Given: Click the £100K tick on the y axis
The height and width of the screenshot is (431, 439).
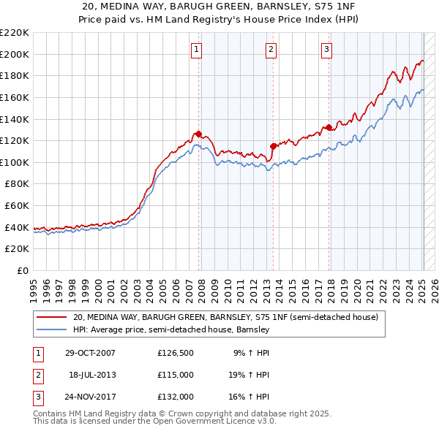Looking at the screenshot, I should (x=15, y=162).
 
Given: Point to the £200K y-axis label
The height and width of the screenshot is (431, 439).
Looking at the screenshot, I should (x=15, y=54).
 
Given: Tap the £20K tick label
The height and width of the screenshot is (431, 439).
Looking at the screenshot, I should (x=17, y=249).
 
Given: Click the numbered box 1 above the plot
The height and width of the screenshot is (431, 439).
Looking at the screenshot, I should (x=198, y=50).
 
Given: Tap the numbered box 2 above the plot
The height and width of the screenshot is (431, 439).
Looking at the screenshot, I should (x=271, y=50).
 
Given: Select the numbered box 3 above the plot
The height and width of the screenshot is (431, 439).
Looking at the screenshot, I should (x=326, y=50).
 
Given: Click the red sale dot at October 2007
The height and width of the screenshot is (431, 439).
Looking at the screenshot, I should (x=198, y=134).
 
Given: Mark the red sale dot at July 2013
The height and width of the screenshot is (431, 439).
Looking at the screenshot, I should (x=272, y=146).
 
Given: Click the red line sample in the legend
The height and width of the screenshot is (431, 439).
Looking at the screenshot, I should (x=52, y=317).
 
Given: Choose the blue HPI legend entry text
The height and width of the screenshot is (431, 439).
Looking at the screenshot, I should (x=172, y=329).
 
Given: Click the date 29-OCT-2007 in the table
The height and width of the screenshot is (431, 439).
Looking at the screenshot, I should (x=90, y=353).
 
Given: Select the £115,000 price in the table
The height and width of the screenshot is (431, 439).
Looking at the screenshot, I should (x=176, y=375).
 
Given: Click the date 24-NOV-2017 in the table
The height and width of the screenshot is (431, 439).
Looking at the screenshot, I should (x=90, y=397).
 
